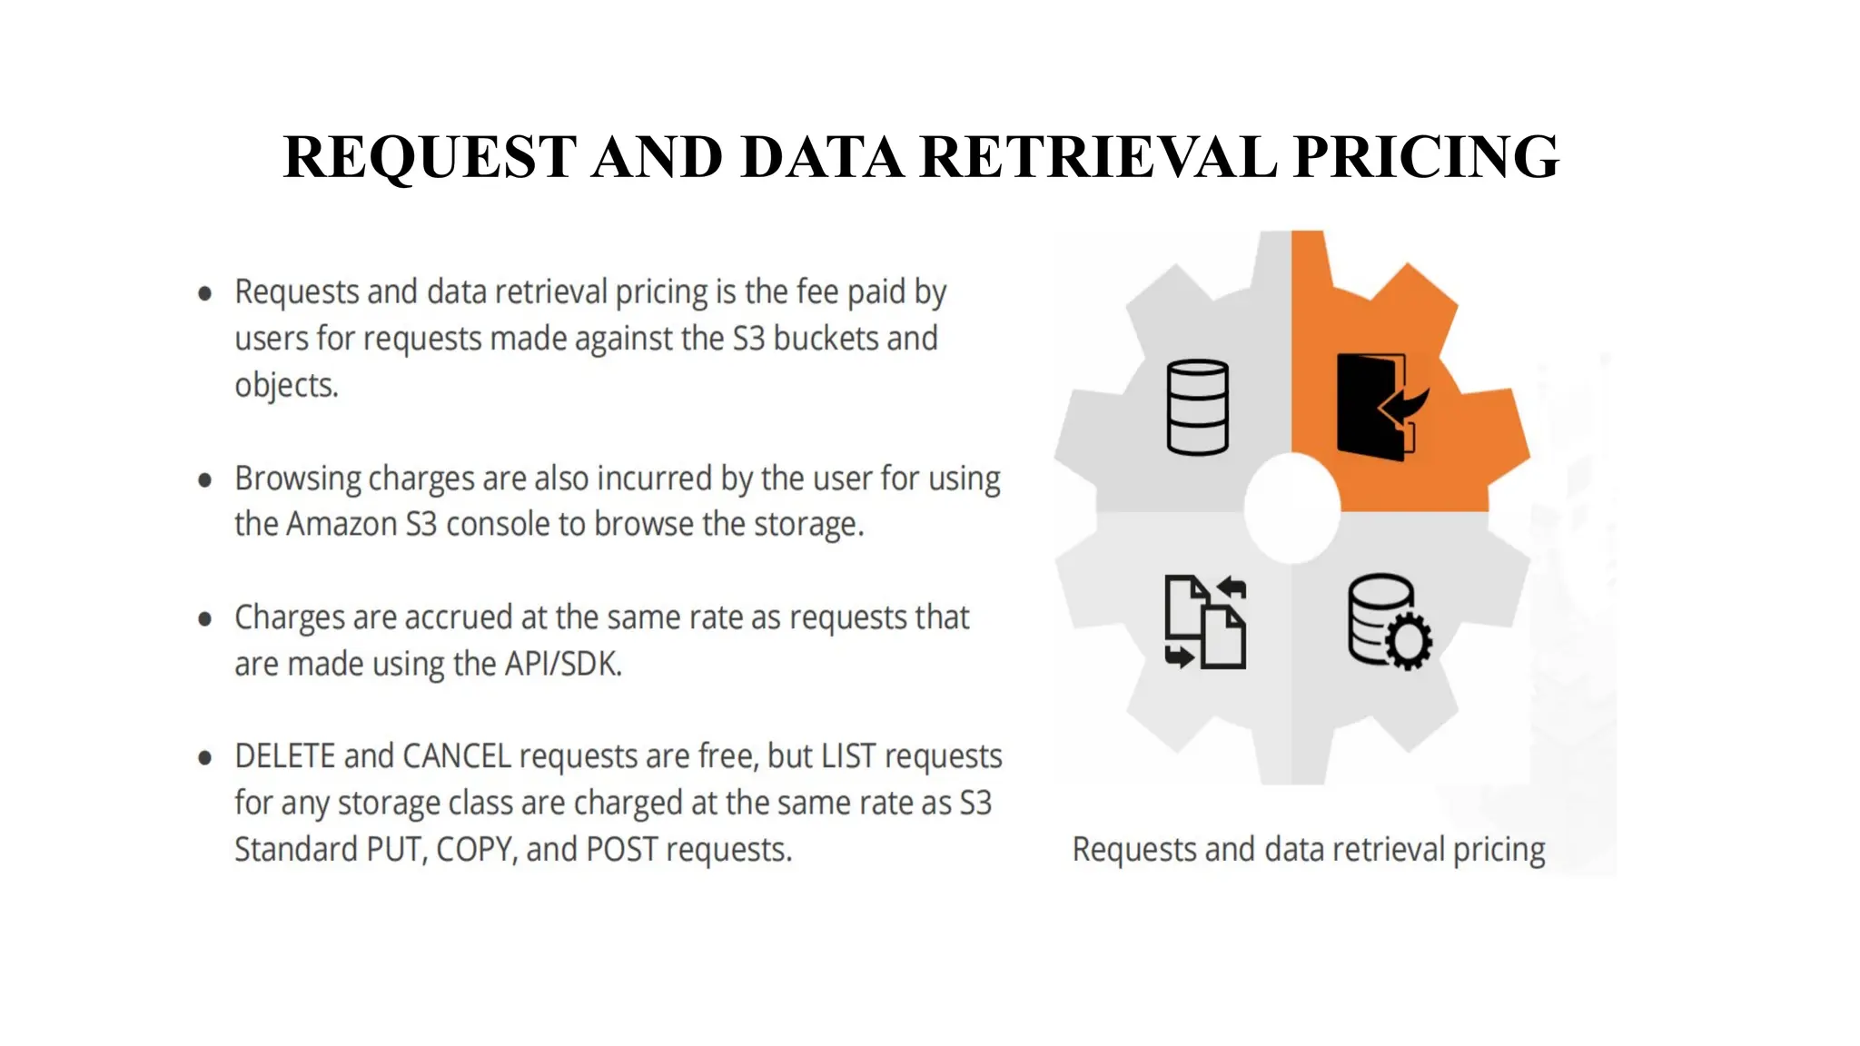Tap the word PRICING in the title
tap(1426, 156)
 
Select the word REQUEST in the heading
tap(430, 156)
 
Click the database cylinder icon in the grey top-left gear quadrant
tap(1197, 407)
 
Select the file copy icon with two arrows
tap(1205, 623)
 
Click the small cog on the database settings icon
tap(1409, 641)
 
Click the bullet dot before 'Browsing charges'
tap(205, 479)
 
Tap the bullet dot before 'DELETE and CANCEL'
tap(205, 757)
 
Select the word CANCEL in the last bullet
tap(457, 756)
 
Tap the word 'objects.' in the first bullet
tap(286, 386)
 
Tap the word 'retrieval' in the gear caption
tap(1389, 850)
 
